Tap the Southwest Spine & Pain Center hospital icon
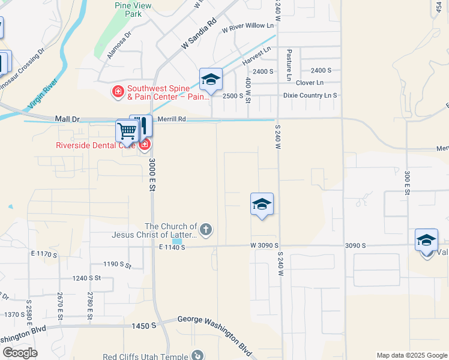coord(118,92)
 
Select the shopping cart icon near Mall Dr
coord(127,130)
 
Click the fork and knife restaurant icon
coord(142,125)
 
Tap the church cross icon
coord(205,229)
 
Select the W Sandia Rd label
coord(199,34)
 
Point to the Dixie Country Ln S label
coord(310,95)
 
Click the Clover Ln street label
coord(310,83)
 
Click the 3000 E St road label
coord(152,173)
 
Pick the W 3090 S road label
coord(265,246)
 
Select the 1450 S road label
coord(144,325)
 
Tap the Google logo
coord(20,353)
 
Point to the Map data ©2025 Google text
coord(411,355)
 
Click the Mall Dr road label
coord(67,119)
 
